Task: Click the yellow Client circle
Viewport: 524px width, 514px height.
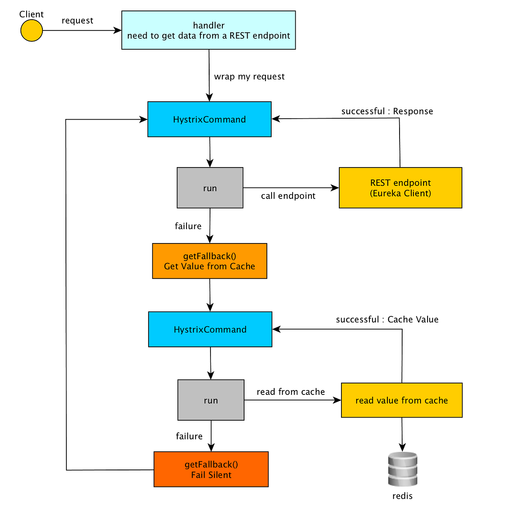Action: click(x=31, y=31)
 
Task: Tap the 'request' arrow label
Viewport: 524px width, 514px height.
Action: click(x=77, y=21)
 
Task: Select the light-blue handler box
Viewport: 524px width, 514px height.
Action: click(x=209, y=30)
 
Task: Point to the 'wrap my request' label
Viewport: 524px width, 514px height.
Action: click(x=249, y=77)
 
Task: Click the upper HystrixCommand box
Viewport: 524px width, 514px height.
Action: click(x=210, y=119)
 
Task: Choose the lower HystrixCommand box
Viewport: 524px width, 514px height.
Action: click(x=210, y=329)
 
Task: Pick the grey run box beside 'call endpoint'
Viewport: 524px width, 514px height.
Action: click(x=210, y=188)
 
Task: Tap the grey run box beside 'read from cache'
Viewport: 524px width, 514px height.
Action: click(x=211, y=400)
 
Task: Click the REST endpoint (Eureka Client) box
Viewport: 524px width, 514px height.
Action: click(x=400, y=188)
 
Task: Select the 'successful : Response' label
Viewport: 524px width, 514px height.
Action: click(x=387, y=111)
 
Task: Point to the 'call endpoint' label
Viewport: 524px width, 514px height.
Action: click(x=288, y=196)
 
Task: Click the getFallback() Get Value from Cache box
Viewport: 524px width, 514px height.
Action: click(x=210, y=261)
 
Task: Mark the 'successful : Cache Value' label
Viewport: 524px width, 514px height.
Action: click(x=387, y=319)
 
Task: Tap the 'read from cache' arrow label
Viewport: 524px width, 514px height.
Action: click(x=291, y=392)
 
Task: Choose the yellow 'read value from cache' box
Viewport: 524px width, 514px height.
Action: click(x=402, y=400)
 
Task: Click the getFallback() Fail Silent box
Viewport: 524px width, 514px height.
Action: click(x=211, y=469)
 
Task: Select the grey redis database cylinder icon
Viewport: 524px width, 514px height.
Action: click(x=403, y=469)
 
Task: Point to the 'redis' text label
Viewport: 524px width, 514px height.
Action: click(x=403, y=496)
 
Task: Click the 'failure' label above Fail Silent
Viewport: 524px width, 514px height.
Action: click(x=189, y=436)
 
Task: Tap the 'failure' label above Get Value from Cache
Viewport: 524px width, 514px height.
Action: click(x=188, y=226)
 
